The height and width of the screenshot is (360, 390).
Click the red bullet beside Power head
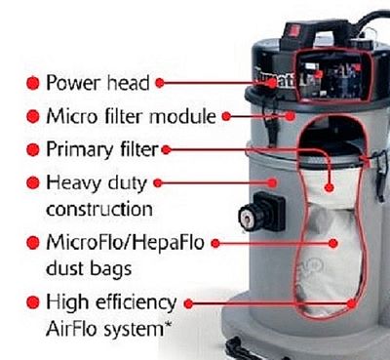coord(32,83)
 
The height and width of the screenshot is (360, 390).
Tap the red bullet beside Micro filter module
coord(32,116)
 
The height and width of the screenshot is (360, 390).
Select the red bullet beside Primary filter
coord(32,149)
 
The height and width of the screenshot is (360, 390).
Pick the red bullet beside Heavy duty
coord(32,183)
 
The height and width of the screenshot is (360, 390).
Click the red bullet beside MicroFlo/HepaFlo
coord(32,243)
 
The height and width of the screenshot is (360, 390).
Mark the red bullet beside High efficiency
coord(32,302)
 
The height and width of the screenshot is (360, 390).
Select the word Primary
coord(80,150)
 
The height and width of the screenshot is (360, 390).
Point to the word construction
coord(99,209)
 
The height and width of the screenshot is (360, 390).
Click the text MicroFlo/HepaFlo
coord(125,243)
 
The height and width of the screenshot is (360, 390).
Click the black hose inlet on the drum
coord(261,213)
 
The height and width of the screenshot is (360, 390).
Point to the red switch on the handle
coord(294,30)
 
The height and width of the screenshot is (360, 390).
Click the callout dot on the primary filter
coord(330,187)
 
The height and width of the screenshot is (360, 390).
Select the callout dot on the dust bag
coord(333,243)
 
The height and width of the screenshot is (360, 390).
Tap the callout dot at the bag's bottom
coord(351,303)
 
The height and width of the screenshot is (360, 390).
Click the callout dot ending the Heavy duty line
coord(272,183)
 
